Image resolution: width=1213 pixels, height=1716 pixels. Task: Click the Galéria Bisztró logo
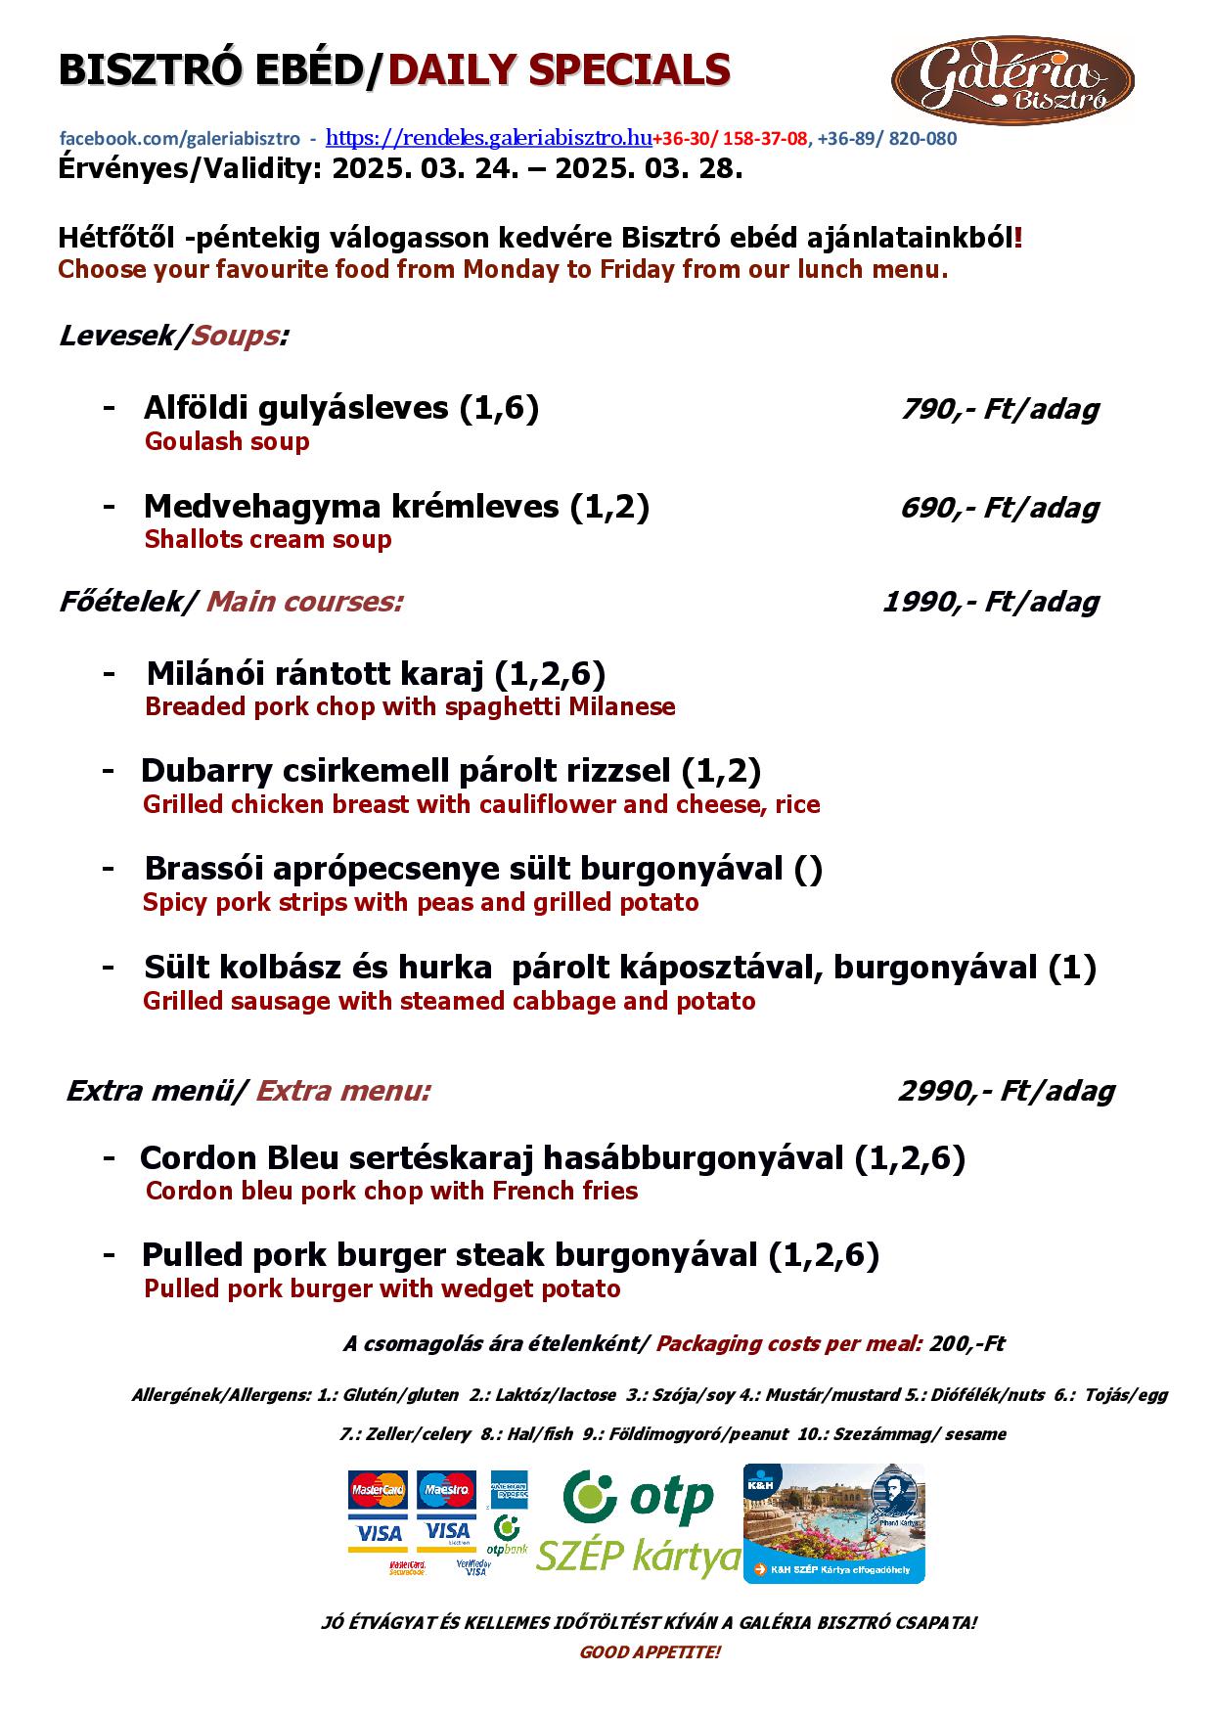coord(1012,80)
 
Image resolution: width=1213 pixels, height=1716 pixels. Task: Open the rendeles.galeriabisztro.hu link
coord(488,137)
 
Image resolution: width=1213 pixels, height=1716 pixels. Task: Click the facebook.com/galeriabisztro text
coord(180,139)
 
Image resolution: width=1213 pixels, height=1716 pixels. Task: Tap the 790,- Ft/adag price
coord(999,409)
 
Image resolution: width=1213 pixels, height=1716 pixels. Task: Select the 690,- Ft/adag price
coord(999,508)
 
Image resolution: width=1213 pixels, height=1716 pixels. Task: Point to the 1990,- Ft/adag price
coord(990,602)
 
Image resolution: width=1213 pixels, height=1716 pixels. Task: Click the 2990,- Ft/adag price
coord(1006,1091)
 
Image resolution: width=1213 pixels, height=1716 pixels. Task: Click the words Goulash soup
coord(227,441)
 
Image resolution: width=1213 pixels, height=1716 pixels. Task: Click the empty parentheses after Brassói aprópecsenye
coord(809,869)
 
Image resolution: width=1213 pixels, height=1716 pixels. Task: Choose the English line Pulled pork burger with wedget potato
coord(382,1288)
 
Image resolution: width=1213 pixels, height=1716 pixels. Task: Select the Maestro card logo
coord(446,1490)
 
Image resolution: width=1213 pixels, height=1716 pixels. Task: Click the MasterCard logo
coord(378,1490)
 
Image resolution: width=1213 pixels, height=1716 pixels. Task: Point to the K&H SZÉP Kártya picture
coord(833,1523)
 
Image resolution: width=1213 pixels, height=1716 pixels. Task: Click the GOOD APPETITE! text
coord(650,1652)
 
